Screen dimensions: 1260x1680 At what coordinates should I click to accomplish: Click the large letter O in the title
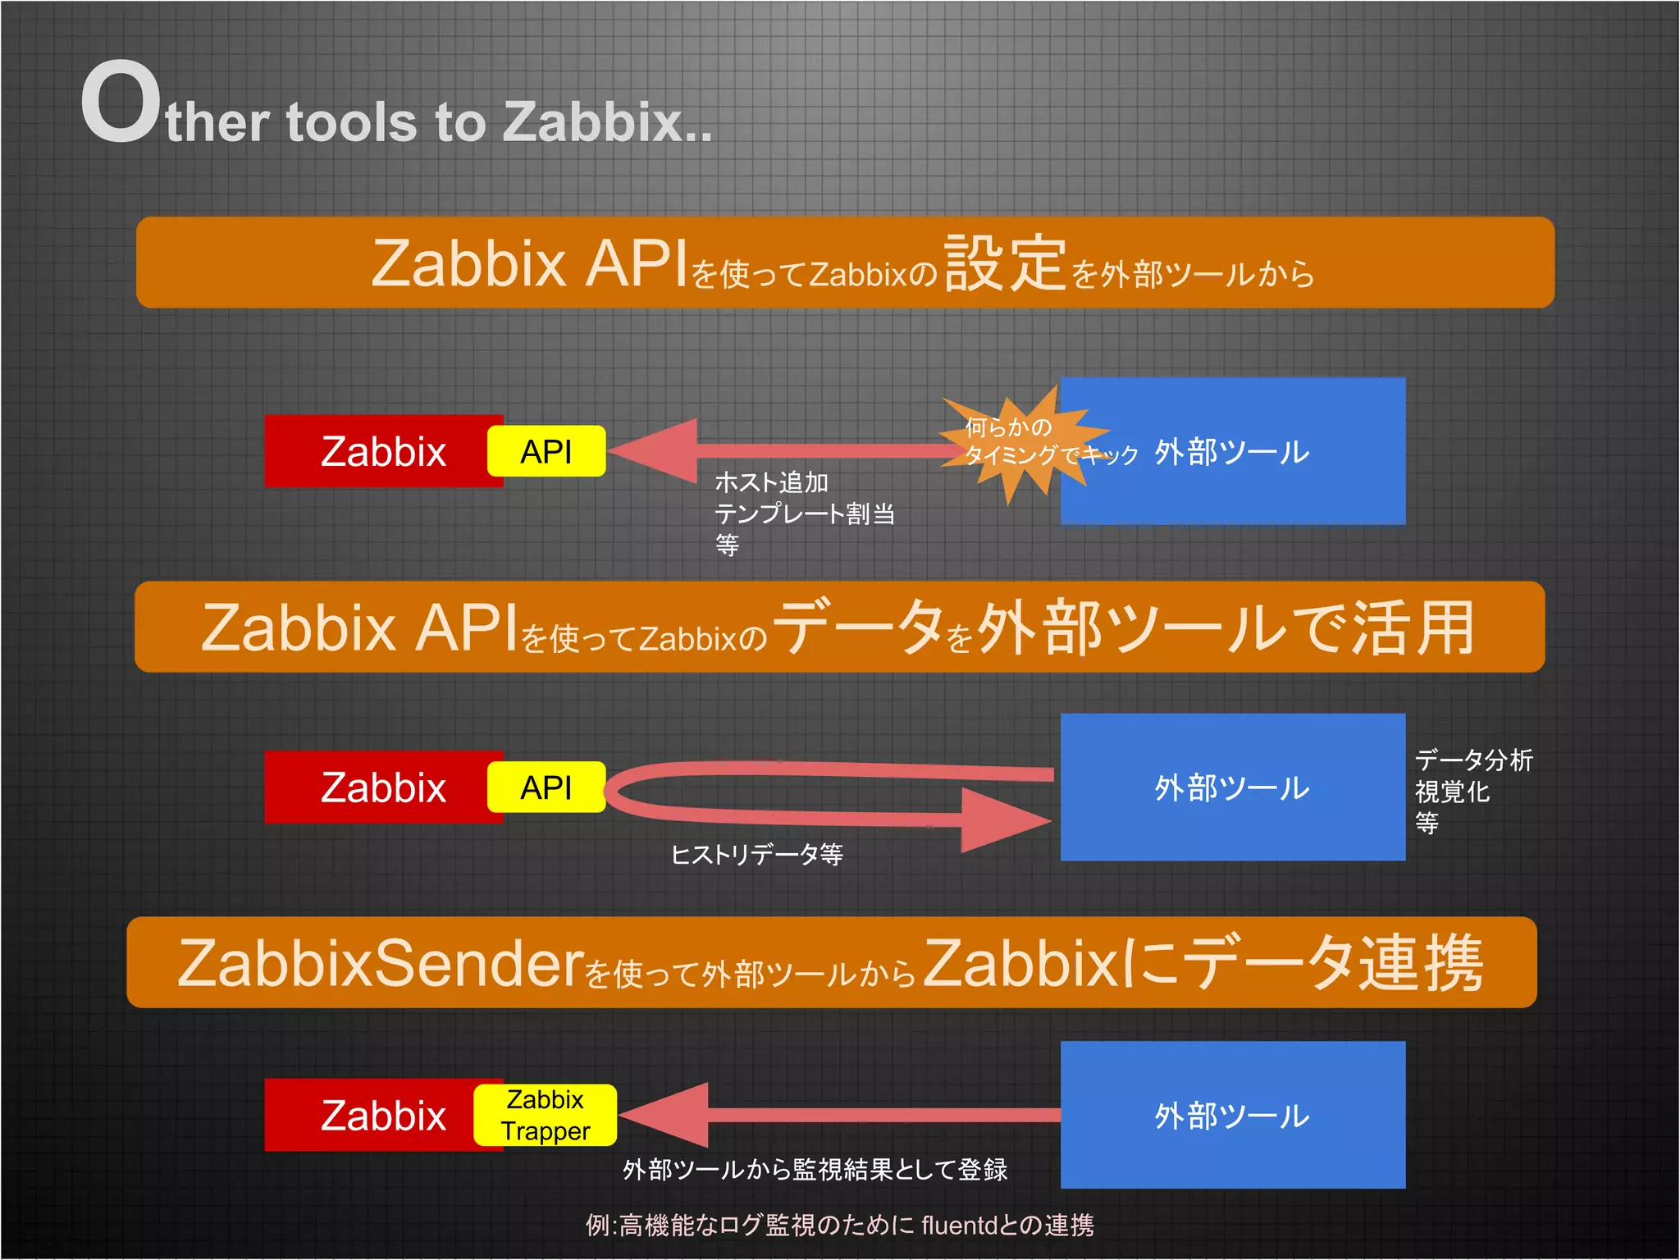[120, 103]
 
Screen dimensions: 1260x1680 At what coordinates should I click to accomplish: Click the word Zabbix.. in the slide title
[607, 123]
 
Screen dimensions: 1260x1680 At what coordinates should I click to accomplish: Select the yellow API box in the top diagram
[546, 451]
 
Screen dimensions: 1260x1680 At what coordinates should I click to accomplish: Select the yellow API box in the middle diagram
[546, 787]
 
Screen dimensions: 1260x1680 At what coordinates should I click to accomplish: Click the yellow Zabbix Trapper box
[546, 1115]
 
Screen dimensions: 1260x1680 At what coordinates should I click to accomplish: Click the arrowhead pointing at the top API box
[656, 450]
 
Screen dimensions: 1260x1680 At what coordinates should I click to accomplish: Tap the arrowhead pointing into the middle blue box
[1005, 819]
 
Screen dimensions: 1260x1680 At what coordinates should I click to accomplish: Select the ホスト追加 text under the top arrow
[771, 482]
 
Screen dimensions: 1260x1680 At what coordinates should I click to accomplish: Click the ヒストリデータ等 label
[756, 855]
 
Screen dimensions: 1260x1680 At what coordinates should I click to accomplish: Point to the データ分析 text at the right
[1473, 760]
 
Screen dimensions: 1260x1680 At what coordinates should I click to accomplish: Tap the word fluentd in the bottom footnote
[957, 1226]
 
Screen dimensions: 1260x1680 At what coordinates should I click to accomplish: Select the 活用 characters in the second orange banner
[1413, 628]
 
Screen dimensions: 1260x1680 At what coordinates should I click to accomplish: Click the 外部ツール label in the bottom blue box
[1232, 1116]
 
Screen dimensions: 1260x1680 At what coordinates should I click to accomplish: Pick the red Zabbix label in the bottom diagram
[383, 1116]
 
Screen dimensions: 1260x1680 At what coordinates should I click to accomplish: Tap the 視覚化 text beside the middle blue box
[1452, 792]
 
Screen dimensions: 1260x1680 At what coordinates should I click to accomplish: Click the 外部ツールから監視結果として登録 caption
[815, 1170]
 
